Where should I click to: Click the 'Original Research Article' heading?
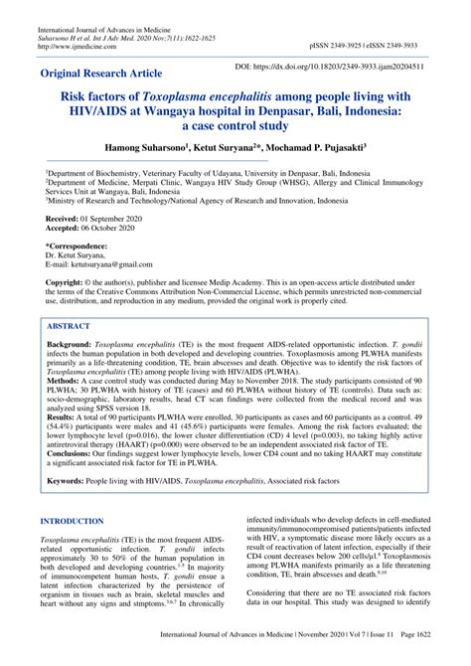click(109, 75)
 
